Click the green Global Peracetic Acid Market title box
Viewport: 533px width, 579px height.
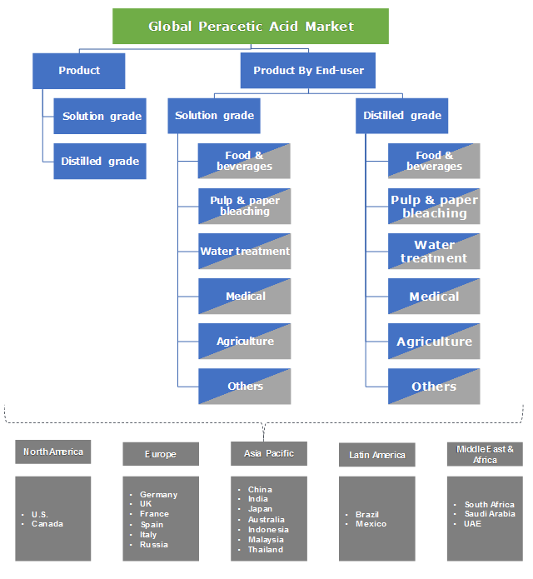click(251, 26)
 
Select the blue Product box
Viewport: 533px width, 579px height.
click(79, 71)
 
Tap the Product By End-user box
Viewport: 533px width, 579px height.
click(308, 71)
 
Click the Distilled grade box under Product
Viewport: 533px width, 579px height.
click(100, 161)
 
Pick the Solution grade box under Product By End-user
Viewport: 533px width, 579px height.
click(214, 116)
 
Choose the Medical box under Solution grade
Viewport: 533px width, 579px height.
click(245, 297)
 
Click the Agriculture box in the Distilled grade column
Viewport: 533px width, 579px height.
click(434, 342)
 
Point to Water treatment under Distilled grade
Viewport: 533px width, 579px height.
click(434, 252)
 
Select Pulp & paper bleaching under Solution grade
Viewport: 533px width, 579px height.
click(245, 206)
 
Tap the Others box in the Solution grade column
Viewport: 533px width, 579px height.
click(245, 387)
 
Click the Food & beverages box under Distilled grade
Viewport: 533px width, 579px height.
click(434, 161)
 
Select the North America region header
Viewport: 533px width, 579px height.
click(53, 452)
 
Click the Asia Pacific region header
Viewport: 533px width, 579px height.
click(268, 453)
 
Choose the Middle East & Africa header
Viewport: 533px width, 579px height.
click(485, 455)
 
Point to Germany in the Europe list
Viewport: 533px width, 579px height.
click(158, 495)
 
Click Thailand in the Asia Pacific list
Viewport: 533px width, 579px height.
click(266, 550)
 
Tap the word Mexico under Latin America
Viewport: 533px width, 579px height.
click(371, 524)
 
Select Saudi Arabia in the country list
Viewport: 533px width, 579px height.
click(490, 514)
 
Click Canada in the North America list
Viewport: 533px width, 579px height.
click(47, 524)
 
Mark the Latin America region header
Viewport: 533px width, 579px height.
click(376, 455)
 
